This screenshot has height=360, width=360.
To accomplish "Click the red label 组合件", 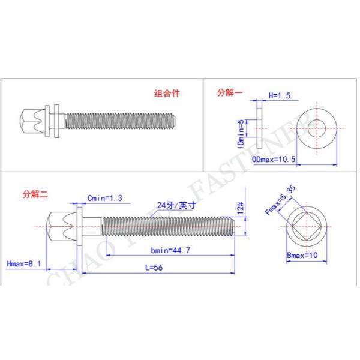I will tap(167, 94).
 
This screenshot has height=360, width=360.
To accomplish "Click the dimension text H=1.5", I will tap(279, 95).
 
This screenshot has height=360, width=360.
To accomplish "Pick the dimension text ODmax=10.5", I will tap(274, 159).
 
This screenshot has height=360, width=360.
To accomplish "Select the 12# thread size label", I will tap(239, 208).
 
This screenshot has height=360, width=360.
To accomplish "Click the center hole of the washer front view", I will tap(318, 127).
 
